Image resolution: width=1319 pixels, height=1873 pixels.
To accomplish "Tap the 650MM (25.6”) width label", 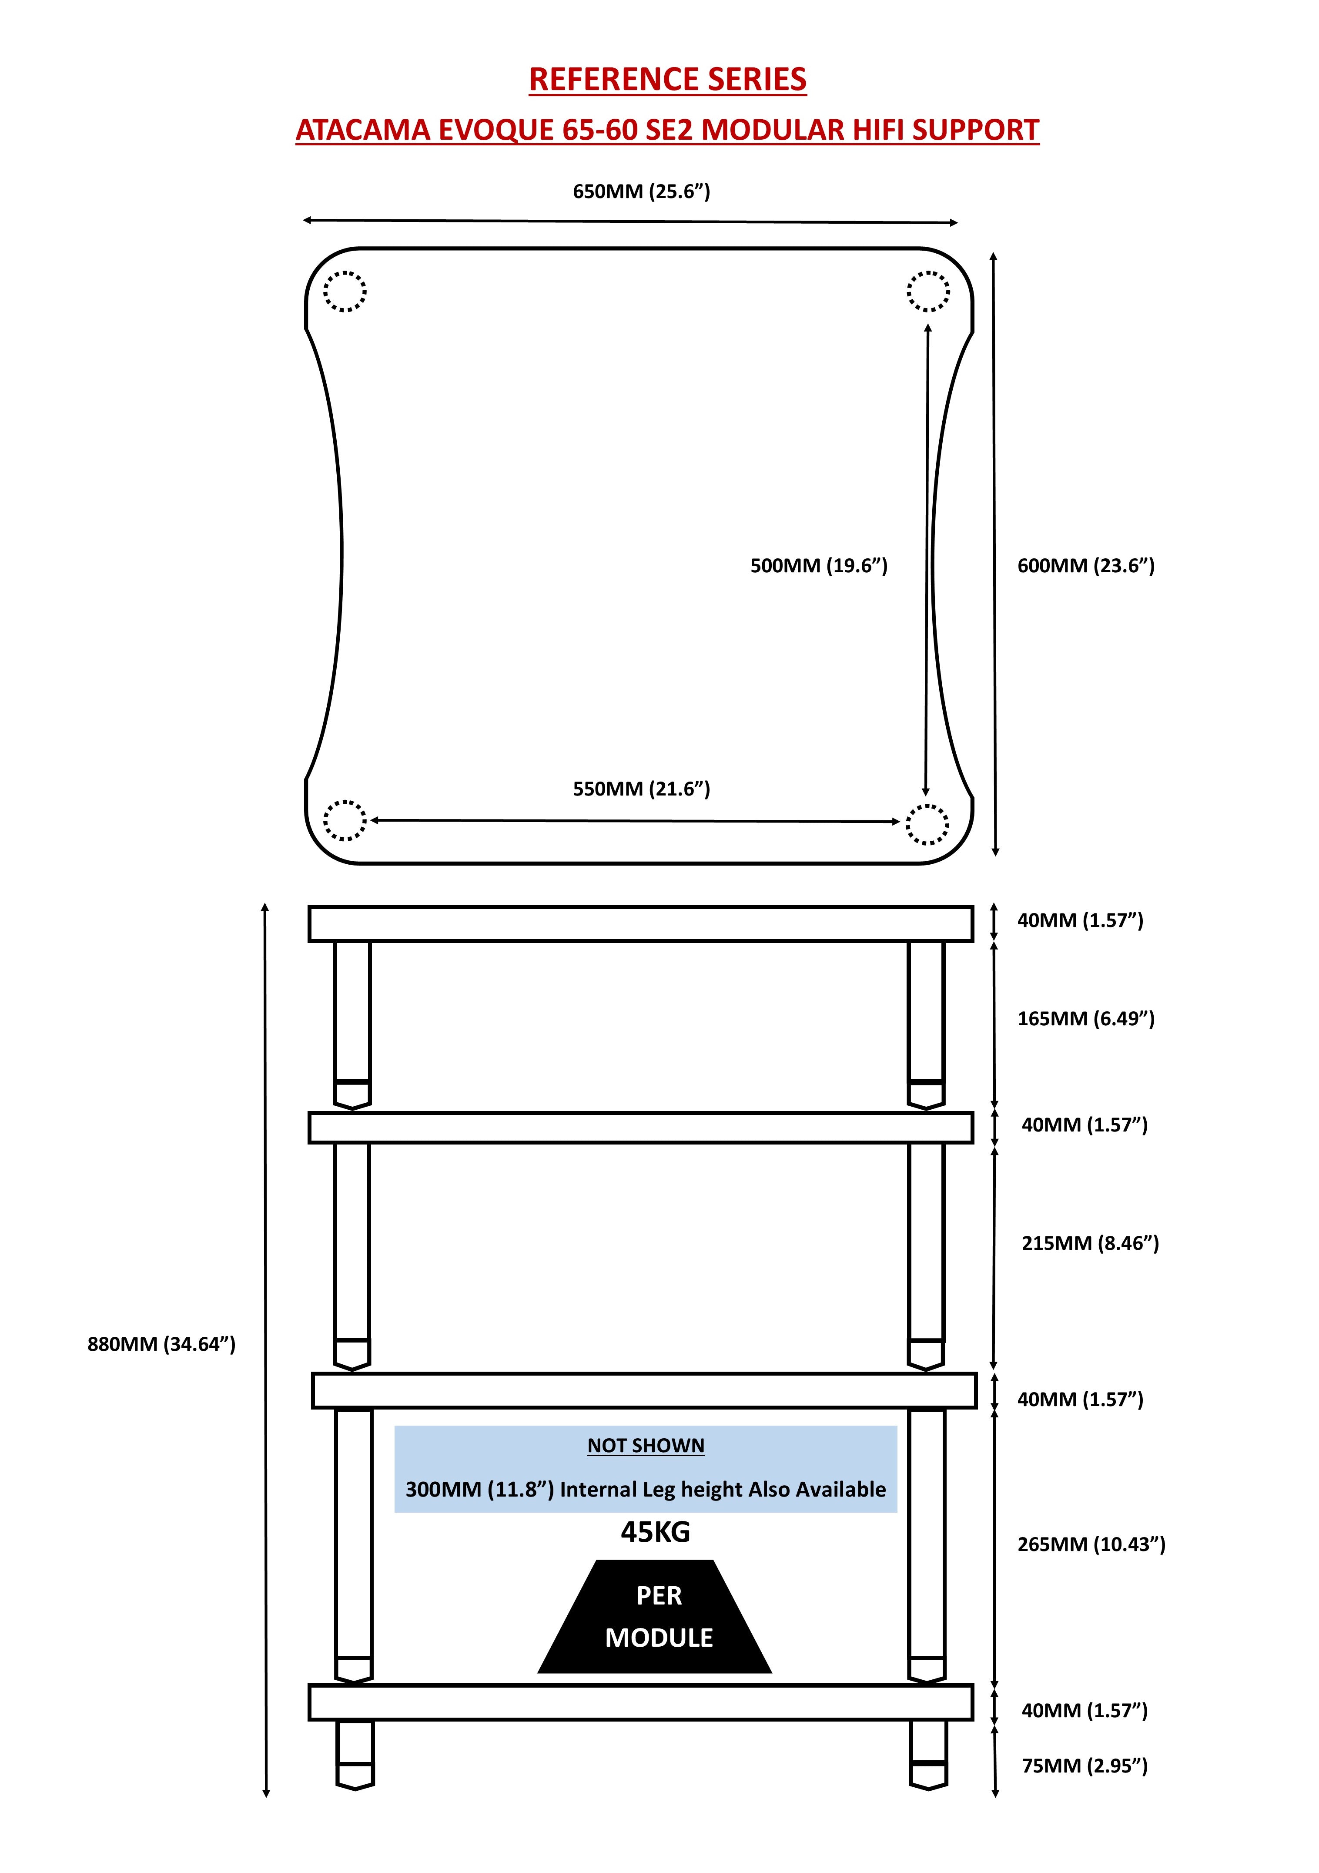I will (x=641, y=192).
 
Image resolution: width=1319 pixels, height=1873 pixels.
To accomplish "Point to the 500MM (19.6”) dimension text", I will (x=818, y=566).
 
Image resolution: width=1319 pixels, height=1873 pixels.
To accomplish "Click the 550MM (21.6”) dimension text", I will (x=641, y=789).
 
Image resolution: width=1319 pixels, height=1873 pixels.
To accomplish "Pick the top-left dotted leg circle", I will (x=344, y=291).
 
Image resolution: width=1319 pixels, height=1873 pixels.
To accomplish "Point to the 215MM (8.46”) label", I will (x=1090, y=1243).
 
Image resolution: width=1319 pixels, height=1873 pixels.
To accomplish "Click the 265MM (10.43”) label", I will (x=1091, y=1544).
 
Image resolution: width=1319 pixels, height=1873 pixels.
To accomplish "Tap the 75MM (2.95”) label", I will (x=1084, y=1766).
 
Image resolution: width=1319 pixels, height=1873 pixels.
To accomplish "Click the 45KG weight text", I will (x=655, y=1533).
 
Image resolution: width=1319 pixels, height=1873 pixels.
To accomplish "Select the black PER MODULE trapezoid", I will (x=655, y=1617).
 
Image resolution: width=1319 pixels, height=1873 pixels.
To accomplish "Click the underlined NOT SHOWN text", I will (x=645, y=1446).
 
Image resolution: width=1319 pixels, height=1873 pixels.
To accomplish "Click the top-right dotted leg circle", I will (x=928, y=291).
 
